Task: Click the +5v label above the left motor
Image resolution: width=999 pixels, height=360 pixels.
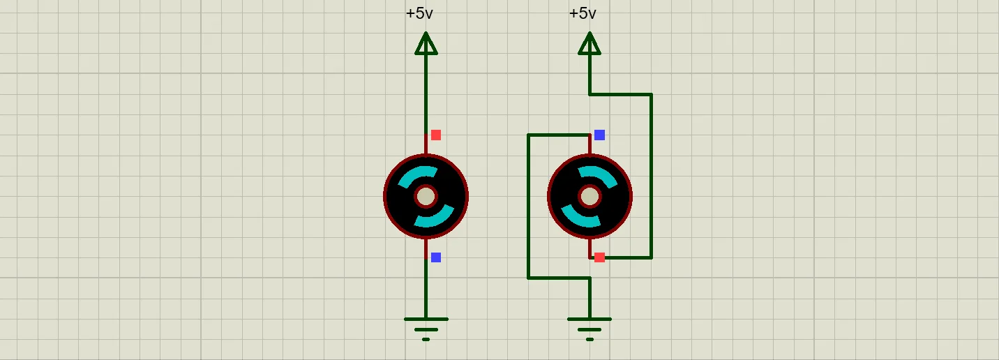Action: (x=419, y=13)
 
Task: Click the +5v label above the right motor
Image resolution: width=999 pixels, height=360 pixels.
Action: (x=583, y=13)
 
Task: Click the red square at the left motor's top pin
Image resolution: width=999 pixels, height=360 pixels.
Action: (x=436, y=135)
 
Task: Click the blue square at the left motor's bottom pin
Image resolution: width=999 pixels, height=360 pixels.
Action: (x=436, y=257)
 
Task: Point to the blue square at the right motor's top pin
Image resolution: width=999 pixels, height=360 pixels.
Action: (x=600, y=135)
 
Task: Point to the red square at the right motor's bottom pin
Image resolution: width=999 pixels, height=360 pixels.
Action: (x=600, y=257)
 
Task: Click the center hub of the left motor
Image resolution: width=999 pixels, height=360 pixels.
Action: (x=426, y=197)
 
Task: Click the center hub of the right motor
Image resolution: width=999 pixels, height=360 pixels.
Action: (x=589, y=197)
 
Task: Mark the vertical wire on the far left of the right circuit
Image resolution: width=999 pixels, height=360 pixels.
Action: (x=528, y=207)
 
